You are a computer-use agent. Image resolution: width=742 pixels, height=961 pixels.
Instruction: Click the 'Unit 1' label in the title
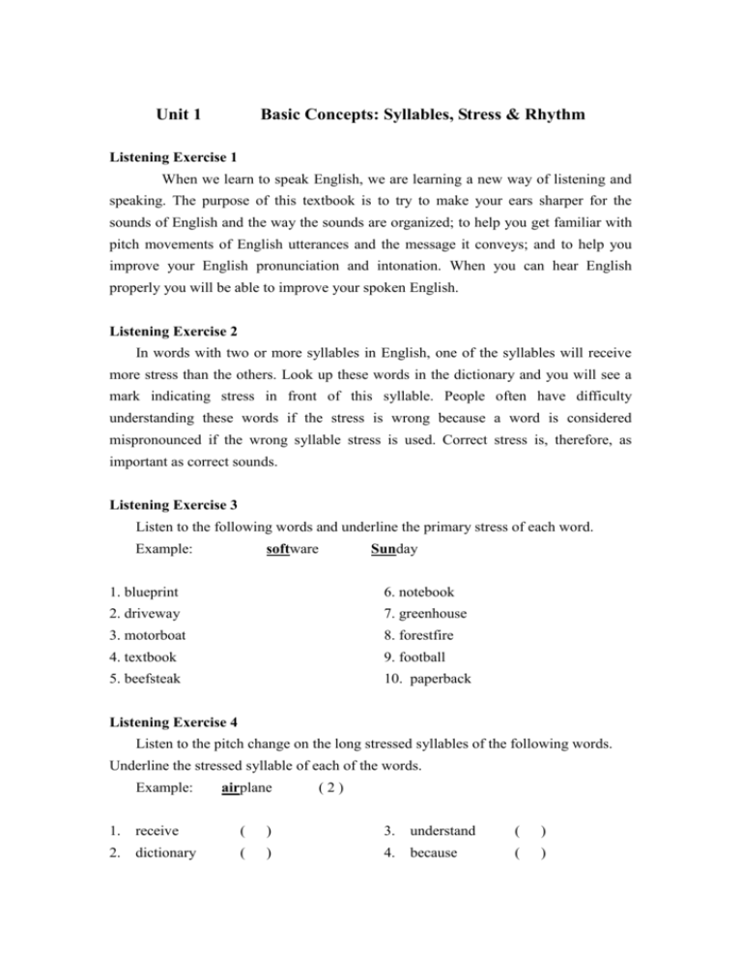tap(179, 115)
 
